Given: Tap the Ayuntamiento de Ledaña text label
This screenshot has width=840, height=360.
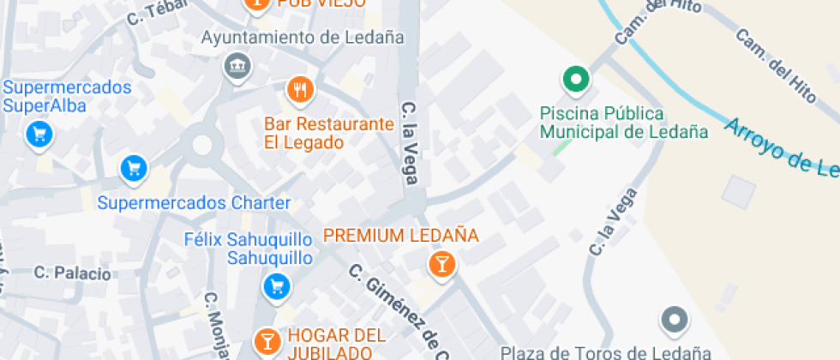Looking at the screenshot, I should pos(302,38).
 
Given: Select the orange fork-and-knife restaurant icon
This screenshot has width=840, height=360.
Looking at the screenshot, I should pos(299,89).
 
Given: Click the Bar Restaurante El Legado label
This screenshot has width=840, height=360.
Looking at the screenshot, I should pos(328,133).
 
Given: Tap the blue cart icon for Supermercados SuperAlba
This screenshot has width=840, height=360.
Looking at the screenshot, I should pos(39,134).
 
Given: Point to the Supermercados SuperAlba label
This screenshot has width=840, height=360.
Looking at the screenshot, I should pos(67,96).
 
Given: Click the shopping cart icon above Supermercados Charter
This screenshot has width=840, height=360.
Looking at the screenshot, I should pos(133,169).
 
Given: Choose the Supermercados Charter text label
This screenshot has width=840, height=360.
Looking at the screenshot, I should pos(194,204).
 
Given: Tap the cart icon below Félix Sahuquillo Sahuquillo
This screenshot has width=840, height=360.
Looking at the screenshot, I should pos(277,285).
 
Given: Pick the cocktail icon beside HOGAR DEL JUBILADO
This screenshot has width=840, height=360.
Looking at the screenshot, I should pos(267,340).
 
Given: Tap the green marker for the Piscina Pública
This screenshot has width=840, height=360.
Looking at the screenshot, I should pos(576,81).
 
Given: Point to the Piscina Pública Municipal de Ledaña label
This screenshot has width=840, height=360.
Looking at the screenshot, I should pos(624,123).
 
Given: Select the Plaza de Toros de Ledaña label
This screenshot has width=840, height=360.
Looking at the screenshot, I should pos(605,352).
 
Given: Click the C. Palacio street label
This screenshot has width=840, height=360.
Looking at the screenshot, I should pos(73,273).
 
